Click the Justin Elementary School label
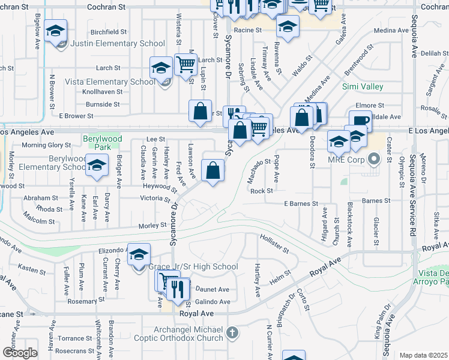(x=117, y=43)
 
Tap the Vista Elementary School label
(x=118, y=82)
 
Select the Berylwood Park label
(x=100, y=143)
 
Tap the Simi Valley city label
(x=363, y=87)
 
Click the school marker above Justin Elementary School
(x=56, y=31)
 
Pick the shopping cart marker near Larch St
(x=186, y=63)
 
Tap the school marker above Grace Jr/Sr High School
(x=139, y=255)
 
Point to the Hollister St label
(x=274, y=245)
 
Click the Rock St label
(x=262, y=191)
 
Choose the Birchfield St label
(x=109, y=32)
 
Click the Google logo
(x=20, y=353)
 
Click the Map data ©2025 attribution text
(x=423, y=355)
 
